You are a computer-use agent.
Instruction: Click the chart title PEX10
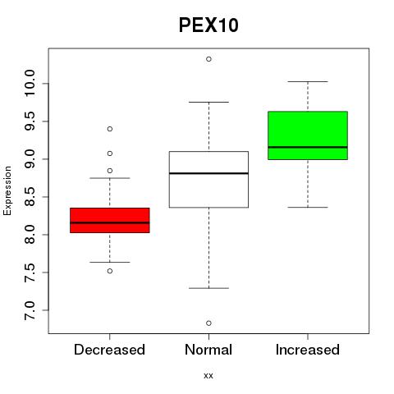coord(208,25)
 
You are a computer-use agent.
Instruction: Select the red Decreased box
coord(110,220)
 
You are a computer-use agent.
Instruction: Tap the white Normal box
coord(208,180)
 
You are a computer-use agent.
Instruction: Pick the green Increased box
coord(308,135)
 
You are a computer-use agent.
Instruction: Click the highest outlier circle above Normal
coord(208,59)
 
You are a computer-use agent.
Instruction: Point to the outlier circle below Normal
coord(208,323)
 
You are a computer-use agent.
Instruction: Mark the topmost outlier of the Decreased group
coord(110,129)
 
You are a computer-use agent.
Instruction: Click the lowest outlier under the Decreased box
coord(110,271)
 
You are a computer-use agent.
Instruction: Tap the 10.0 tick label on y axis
coord(30,83)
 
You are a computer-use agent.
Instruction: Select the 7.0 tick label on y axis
coord(30,310)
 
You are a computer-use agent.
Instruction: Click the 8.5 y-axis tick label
coord(30,197)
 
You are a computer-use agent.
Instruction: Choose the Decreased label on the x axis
coord(109,350)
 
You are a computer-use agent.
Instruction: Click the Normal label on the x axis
coord(208,350)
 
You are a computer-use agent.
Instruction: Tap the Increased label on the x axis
coord(308,350)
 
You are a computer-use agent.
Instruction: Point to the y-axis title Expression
coord(7,190)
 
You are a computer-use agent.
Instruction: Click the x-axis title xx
coord(208,375)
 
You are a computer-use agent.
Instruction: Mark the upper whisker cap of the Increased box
coord(308,81)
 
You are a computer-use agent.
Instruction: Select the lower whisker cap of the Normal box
coord(208,288)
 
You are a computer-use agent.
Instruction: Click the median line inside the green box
coord(308,147)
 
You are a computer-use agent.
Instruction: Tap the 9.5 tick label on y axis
coord(30,121)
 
